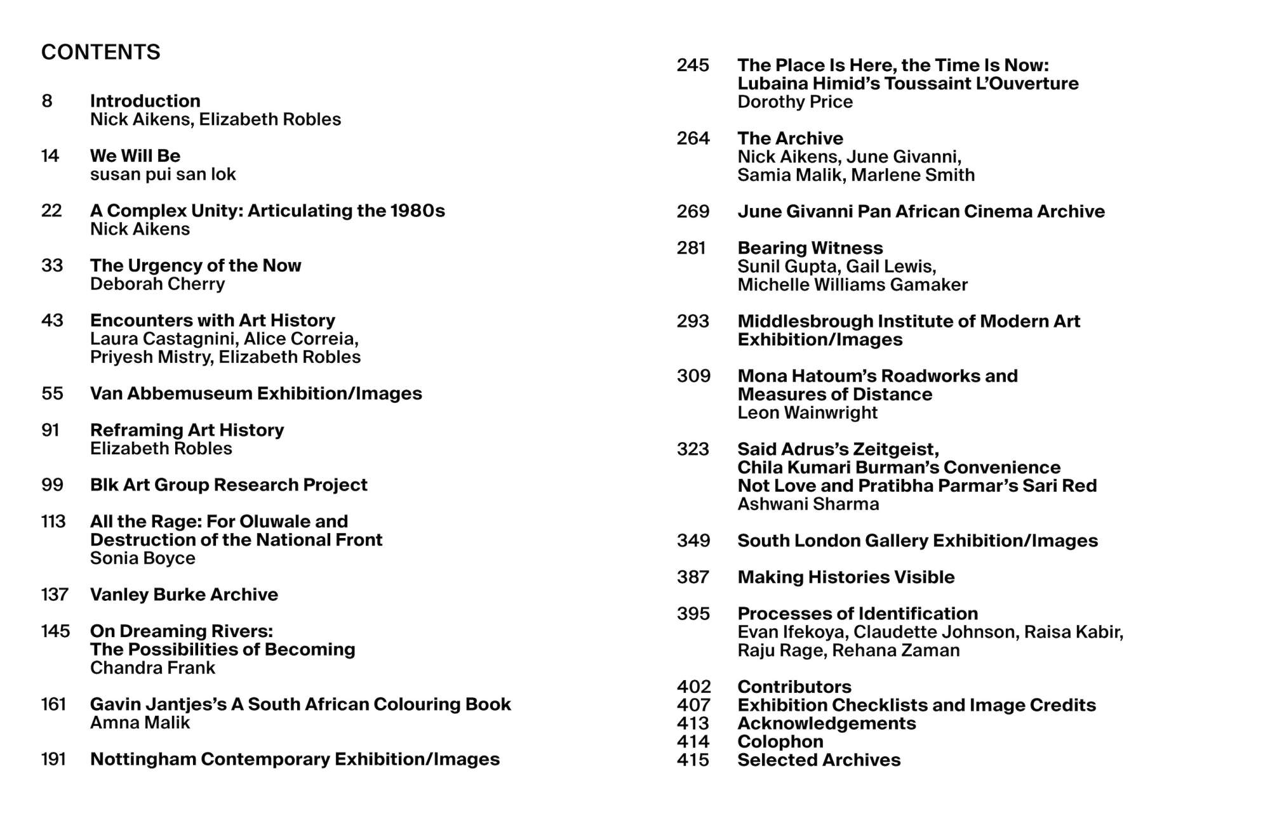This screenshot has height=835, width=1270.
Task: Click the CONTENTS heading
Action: [100, 52]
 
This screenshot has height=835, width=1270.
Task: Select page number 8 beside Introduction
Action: [47, 101]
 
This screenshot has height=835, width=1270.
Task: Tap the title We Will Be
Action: [135, 155]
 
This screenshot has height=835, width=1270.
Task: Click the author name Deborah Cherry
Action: [157, 284]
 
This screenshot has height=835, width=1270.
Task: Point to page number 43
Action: [52, 320]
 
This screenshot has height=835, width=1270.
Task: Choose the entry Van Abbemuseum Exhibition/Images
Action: [255, 393]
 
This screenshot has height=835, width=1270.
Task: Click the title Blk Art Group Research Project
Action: [229, 485]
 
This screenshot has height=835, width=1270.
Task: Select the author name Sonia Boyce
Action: [142, 558]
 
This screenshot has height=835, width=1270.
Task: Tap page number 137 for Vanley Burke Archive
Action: [55, 595]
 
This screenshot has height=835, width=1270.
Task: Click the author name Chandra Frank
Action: [152, 667]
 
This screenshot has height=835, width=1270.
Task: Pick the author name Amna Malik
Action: [140, 722]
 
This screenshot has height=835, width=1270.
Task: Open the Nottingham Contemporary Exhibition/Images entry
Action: [295, 759]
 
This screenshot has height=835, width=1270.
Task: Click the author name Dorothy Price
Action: [794, 102]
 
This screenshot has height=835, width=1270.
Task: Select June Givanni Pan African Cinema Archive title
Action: [921, 211]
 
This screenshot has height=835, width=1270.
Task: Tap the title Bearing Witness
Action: [810, 248]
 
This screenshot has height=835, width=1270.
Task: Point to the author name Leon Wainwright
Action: [807, 412]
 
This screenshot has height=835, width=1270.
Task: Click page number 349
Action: [693, 541]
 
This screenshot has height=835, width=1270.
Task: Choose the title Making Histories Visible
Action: [846, 577]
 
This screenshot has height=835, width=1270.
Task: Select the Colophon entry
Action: [780, 741]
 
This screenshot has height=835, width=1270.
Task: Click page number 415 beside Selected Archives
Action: [693, 759]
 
